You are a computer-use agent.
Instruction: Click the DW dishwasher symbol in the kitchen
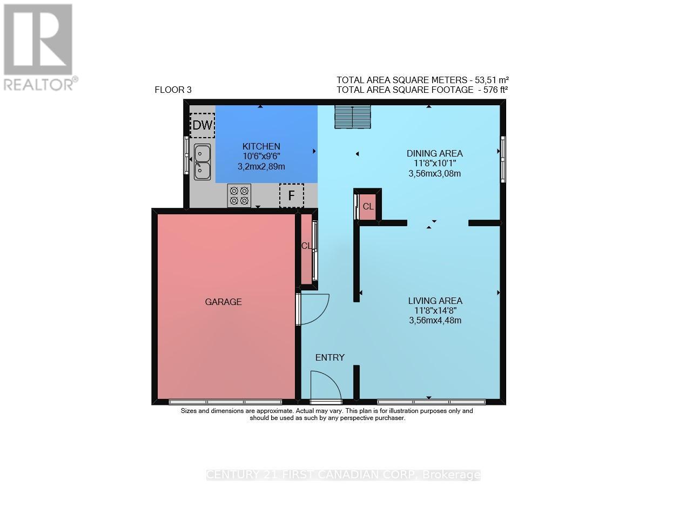(203, 126)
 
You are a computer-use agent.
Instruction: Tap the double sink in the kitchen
(202, 162)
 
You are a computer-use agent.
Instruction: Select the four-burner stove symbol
(239, 195)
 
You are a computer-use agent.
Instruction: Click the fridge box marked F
(291, 195)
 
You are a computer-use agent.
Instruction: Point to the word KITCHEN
(261, 146)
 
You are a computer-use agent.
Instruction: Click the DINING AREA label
(434, 153)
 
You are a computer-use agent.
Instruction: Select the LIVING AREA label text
(435, 301)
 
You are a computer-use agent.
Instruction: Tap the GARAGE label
(223, 302)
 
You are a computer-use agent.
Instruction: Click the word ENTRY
(329, 357)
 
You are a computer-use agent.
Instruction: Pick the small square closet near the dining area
(367, 207)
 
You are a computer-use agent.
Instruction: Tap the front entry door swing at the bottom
(325, 386)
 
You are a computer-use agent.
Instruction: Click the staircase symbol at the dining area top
(352, 117)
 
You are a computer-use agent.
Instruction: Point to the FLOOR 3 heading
(173, 90)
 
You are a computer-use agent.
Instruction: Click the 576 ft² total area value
(492, 90)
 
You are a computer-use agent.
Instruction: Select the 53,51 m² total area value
(492, 79)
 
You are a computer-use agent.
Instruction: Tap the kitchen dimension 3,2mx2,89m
(261, 167)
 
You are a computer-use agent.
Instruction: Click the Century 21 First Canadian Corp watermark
(343, 475)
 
